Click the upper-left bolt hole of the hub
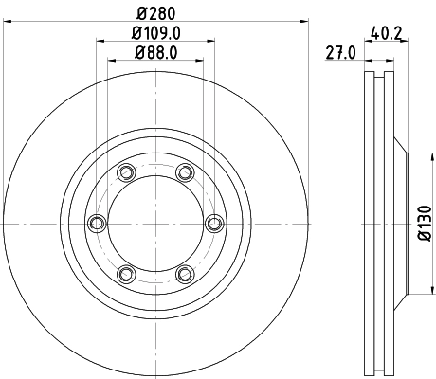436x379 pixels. (124, 172)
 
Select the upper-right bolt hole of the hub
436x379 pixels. (184, 172)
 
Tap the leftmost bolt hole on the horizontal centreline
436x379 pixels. (95, 224)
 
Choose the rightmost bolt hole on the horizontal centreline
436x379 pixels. (213, 224)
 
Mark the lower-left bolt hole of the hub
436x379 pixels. (124, 275)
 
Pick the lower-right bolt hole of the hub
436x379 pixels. (184, 275)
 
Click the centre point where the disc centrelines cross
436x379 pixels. (154, 224)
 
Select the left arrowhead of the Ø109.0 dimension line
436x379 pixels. (99, 42)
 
